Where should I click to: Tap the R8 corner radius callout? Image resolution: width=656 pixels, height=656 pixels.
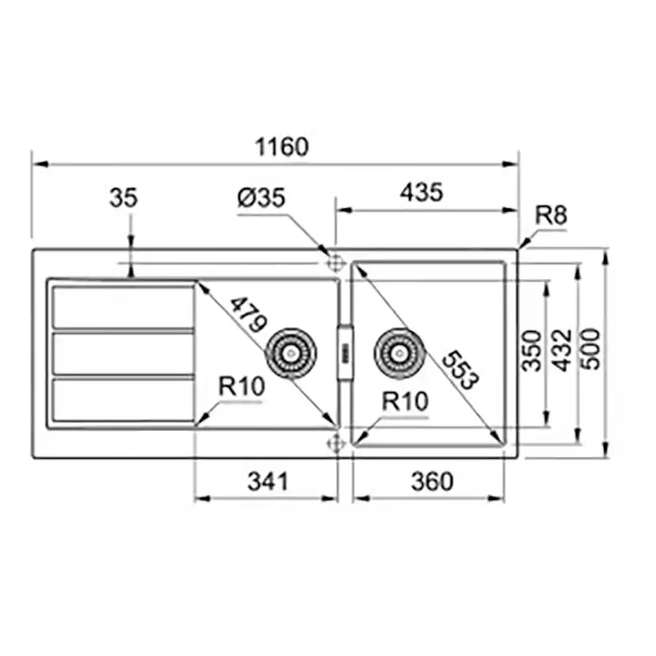pos(551,215)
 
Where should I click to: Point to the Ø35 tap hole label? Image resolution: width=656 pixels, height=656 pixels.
pos(261,198)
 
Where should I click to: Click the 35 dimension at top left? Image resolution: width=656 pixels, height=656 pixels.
pos(123,198)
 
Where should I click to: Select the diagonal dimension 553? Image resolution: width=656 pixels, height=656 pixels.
pos(460,370)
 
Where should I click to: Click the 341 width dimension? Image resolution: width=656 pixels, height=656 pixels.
pos(267,481)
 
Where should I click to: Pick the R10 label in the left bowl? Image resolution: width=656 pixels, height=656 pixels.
pos(241,387)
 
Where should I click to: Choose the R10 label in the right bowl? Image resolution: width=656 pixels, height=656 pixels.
pos(405,401)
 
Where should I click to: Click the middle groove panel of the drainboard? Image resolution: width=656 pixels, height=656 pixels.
pos(123,353)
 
